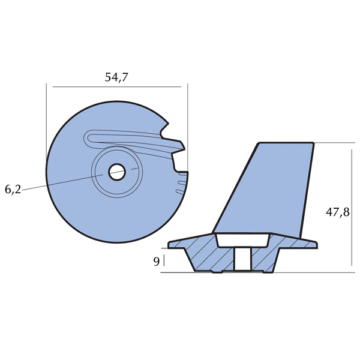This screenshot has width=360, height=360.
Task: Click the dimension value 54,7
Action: pos(116,77)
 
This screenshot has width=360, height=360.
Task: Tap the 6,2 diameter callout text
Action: pos(13,190)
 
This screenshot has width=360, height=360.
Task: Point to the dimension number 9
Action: pos(156,261)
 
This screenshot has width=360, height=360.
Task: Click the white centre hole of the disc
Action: pos(116,172)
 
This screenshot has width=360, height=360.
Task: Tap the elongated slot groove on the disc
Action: pos(132,139)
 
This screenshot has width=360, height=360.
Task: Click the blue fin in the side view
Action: pos(264,186)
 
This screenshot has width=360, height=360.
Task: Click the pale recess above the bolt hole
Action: pos(242,239)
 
